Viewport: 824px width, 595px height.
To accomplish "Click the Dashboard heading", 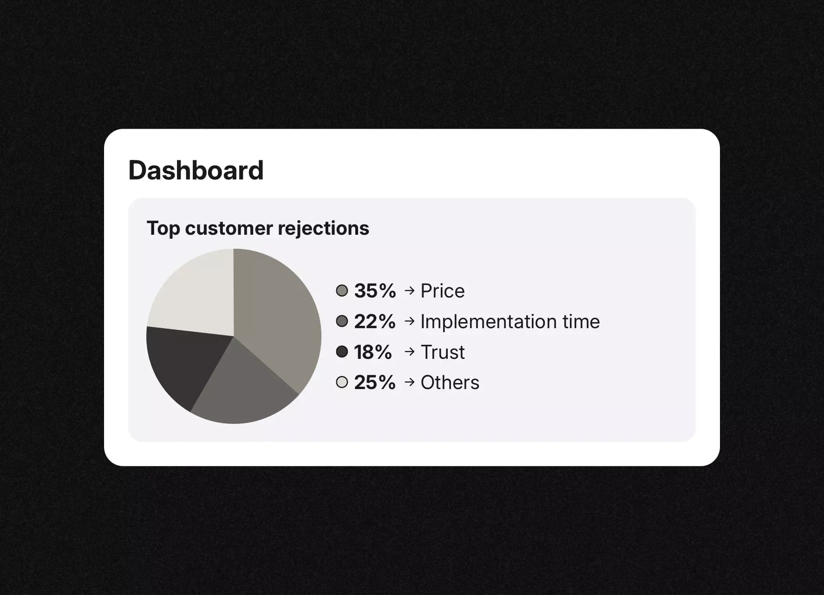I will point(196,171).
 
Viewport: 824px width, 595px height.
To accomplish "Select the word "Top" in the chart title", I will point(163,228).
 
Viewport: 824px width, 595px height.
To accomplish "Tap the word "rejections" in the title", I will point(323,228).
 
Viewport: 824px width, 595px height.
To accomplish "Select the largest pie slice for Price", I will point(279,316).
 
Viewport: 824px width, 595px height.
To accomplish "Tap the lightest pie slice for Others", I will point(195,293).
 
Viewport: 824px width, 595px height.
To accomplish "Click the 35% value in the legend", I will point(375,291).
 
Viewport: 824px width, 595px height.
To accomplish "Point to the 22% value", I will point(375,322).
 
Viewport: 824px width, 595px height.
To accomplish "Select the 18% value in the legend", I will point(373,352).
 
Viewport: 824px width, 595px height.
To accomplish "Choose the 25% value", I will point(375,383).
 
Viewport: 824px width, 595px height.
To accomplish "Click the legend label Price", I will point(442,291).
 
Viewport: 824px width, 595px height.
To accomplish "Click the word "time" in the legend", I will point(581,322).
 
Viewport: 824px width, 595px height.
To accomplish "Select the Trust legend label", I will point(442,352).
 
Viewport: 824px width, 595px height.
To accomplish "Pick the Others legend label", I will point(450,383).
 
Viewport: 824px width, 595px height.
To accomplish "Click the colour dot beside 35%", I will point(342,291).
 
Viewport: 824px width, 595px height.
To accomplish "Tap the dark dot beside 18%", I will point(342,352).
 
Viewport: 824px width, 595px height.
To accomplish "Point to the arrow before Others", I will point(409,382).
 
